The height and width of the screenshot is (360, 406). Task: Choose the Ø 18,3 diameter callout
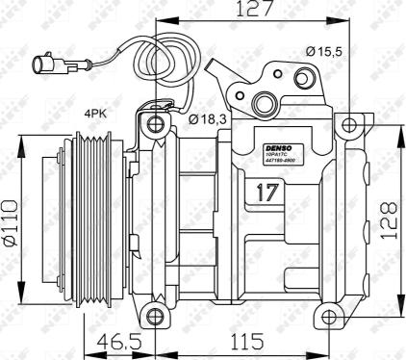207,118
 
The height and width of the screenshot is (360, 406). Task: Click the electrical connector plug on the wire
49,66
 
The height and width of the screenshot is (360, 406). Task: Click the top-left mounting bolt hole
156,123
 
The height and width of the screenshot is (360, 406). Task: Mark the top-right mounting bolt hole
349,123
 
